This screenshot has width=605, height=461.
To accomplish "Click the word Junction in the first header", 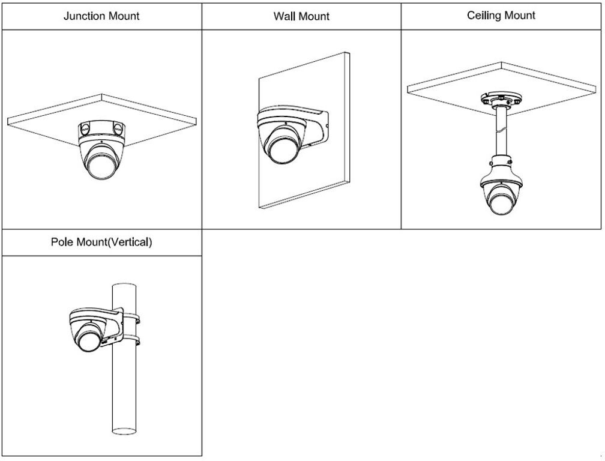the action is coord(84,16).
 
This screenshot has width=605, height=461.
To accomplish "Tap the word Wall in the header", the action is coord(284,16).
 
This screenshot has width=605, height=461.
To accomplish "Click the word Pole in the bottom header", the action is coord(62,242).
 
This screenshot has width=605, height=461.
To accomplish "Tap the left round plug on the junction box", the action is coord(85,126).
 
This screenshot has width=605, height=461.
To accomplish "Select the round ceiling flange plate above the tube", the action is coord(501,100).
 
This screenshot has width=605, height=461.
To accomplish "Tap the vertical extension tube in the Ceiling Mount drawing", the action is coord(501,131).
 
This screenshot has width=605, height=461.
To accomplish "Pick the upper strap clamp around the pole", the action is coord(131,319).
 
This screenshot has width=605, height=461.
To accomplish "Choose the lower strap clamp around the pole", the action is coord(131,340).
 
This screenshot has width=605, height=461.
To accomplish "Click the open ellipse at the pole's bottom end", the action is coord(124,431).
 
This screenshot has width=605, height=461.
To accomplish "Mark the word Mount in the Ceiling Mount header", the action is coord(521,16).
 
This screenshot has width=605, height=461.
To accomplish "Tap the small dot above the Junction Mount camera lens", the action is coord(101,142).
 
